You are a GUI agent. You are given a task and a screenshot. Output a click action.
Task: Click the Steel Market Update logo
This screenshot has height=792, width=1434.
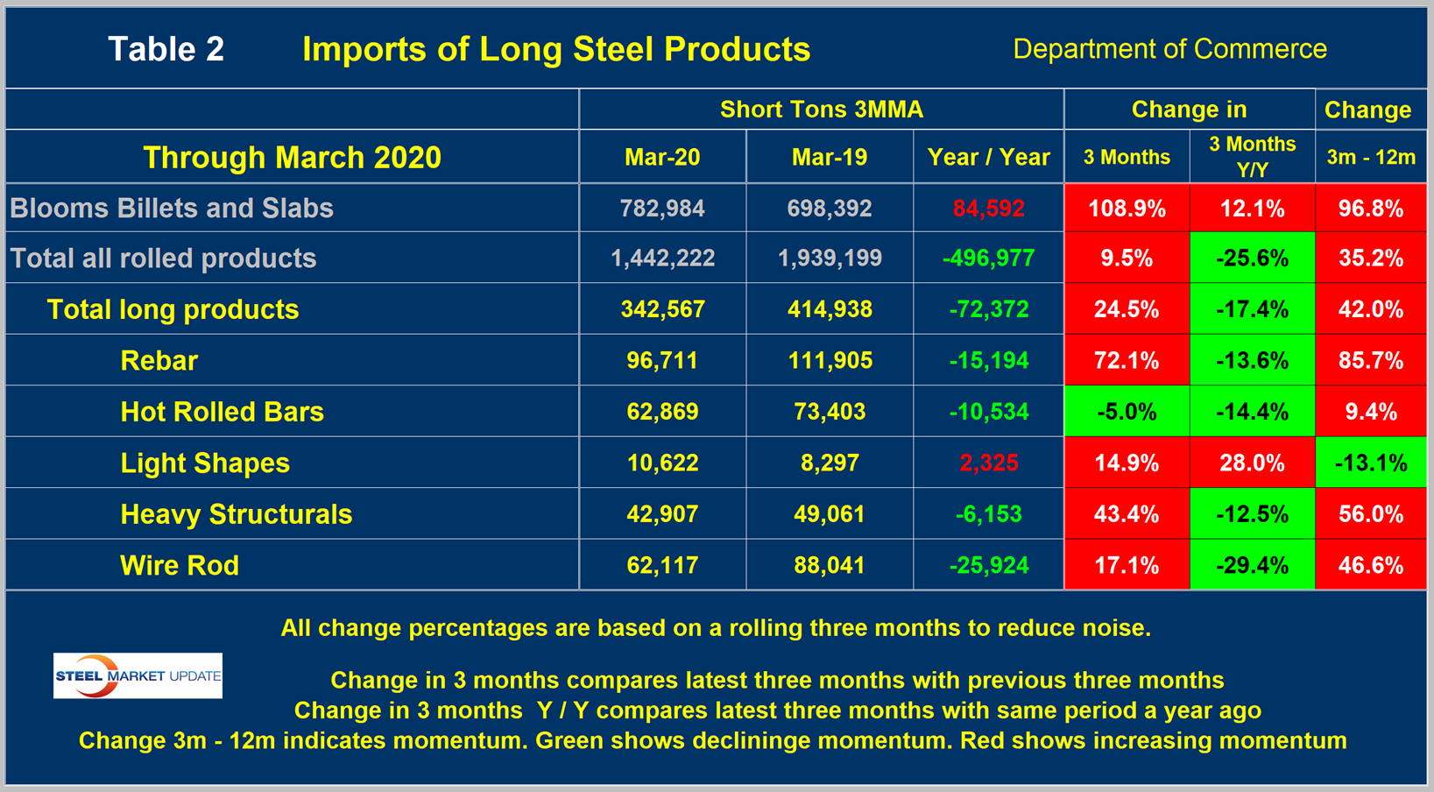click(138, 675)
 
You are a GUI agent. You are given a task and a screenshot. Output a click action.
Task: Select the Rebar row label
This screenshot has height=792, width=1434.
click(159, 360)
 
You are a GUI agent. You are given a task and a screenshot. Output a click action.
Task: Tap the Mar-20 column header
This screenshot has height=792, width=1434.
click(662, 157)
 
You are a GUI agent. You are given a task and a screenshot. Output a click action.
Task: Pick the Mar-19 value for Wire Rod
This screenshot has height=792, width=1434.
click(830, 565)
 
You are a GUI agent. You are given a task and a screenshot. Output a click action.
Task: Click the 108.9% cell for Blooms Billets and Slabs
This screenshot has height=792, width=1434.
click(1127, 209)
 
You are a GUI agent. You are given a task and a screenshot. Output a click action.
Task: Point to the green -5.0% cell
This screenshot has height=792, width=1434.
click(1127, 412)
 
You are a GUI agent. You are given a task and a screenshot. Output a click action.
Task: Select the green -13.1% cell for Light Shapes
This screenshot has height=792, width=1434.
click(1371, 463)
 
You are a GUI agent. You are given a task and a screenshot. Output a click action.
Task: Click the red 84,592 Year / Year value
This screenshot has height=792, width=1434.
click(988, 209)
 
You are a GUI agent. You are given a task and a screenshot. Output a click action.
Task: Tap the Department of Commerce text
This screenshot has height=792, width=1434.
click(1169, 49)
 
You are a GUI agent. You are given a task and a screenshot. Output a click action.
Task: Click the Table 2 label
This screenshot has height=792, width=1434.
click(166, 49)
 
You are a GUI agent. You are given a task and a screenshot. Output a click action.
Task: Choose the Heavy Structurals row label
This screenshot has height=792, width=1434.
click(236, 514)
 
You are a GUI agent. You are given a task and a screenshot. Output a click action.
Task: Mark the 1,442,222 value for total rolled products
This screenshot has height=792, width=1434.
click(662, 258)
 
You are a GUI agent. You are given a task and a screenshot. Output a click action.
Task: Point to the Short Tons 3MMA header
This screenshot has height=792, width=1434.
click(821, 110)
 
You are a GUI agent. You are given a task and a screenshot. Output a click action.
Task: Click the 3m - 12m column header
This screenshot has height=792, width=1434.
click(1371, 157)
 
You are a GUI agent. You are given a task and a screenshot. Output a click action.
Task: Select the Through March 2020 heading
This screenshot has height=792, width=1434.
click(292, 158)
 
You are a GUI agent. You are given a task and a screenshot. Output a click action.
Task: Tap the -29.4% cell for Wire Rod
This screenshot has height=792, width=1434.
click(1252, 565)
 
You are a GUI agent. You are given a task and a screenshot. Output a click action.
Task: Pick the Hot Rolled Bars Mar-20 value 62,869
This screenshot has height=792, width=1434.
click(662, 412)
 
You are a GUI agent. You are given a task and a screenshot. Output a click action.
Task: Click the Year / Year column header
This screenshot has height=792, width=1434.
click(988, 157)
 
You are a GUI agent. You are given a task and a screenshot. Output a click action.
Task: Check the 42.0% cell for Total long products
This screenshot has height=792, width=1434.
click(1371, 309)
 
